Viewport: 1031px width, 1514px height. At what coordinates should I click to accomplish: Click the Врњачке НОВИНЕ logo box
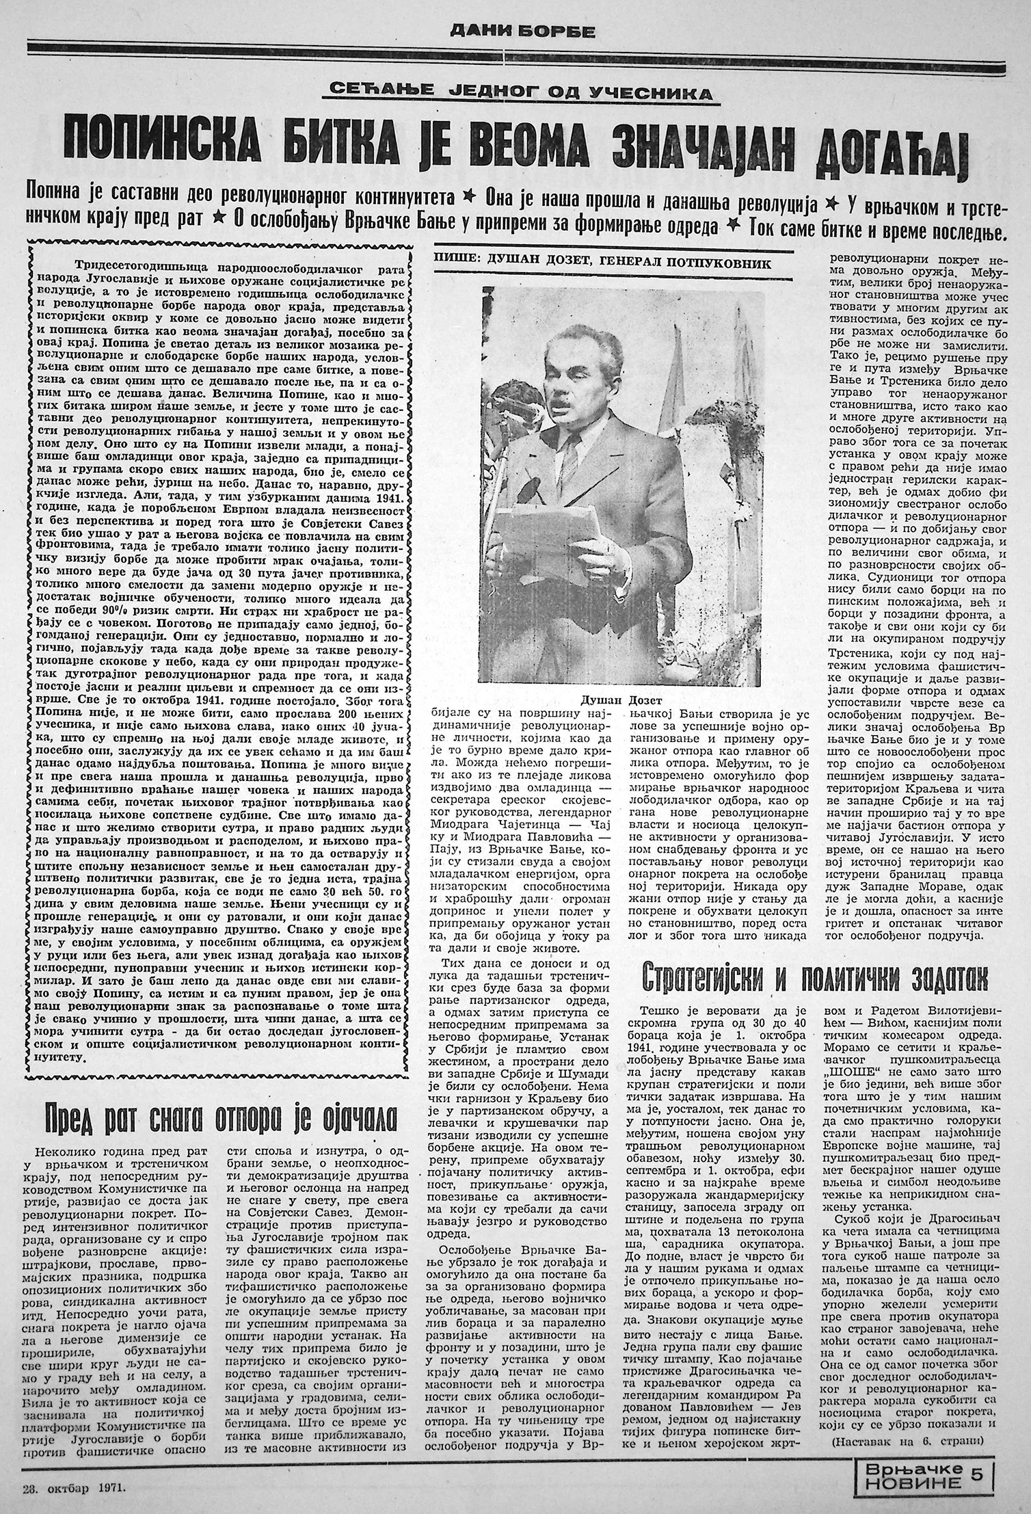(x=916, y=1471)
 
